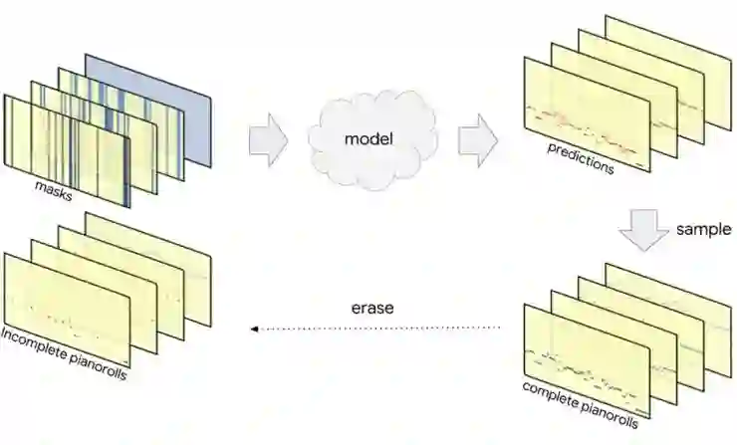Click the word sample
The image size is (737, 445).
pyautogui.click(x=704, y=229)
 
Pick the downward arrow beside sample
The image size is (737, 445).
pyautogui.click(x=643, y=235)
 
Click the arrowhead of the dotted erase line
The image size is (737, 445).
pyautogui.click(x=253, y=327)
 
